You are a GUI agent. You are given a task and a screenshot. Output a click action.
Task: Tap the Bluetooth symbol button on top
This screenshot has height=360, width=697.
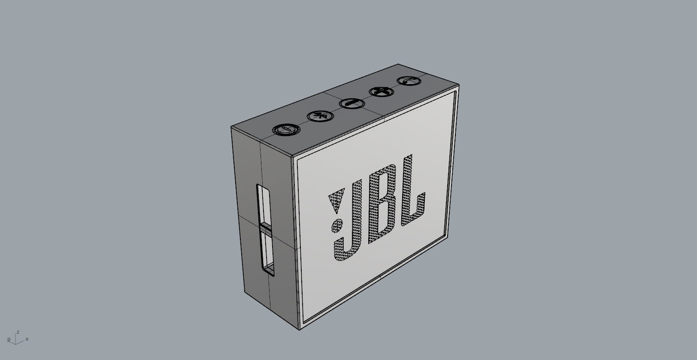[x=318, y=116]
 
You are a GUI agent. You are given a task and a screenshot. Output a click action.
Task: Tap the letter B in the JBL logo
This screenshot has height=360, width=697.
[x=382, y=205]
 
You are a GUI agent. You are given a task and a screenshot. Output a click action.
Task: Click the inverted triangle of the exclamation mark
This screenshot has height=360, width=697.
[x=336, y=202]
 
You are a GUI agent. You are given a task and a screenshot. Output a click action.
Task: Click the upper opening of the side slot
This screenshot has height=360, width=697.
[x=263, y=204]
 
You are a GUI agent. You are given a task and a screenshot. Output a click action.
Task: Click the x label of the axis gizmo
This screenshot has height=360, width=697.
[x=27, y=339]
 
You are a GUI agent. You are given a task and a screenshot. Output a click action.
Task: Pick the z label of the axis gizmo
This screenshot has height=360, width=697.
[x=18, y=332]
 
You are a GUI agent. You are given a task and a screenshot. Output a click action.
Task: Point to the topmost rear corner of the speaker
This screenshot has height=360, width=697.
[x=398, y=64]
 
